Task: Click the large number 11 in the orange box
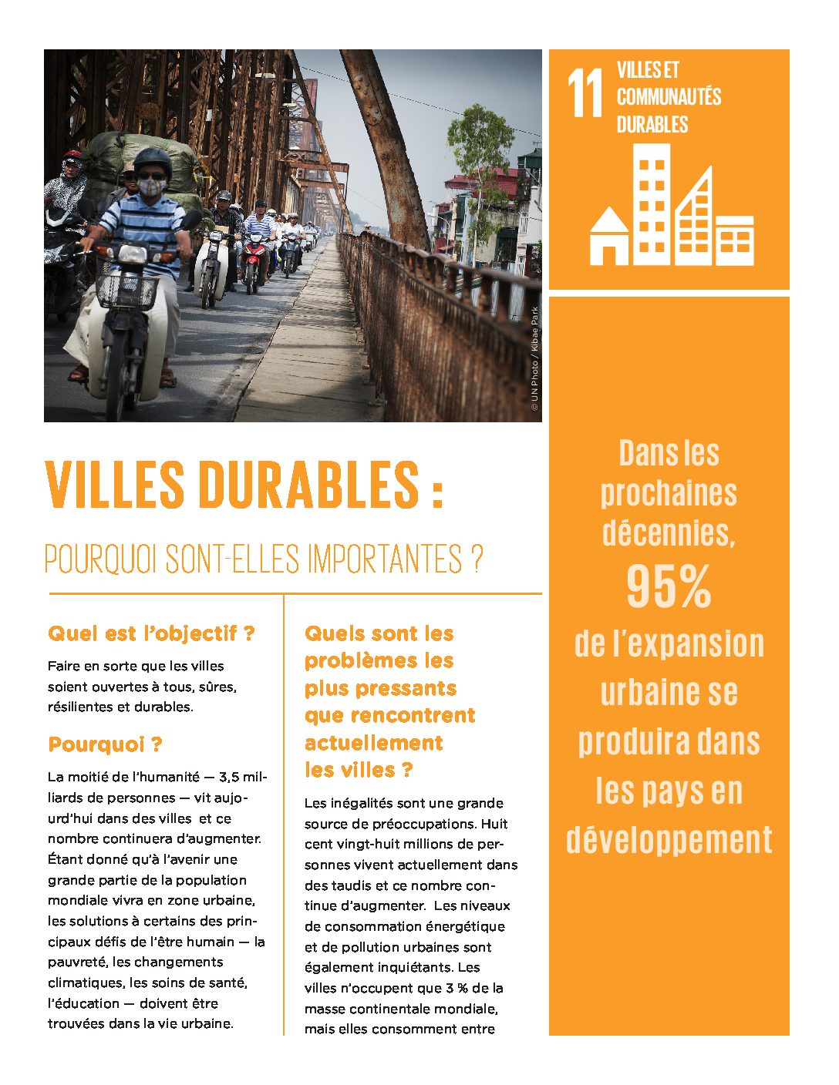[585, 94]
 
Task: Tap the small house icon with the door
[609, 237]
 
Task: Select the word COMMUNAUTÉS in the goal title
[669, 97]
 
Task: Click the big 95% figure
[669, 587]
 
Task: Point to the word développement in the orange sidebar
[669, 839]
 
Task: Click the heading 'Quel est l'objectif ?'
[151, 633]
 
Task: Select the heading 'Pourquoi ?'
[105, 744]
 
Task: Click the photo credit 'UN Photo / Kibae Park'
[534, 358]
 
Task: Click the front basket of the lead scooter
[128, 291]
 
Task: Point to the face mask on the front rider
[151, 187]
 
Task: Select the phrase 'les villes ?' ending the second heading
[359, 770]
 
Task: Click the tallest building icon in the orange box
[652, 204]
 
